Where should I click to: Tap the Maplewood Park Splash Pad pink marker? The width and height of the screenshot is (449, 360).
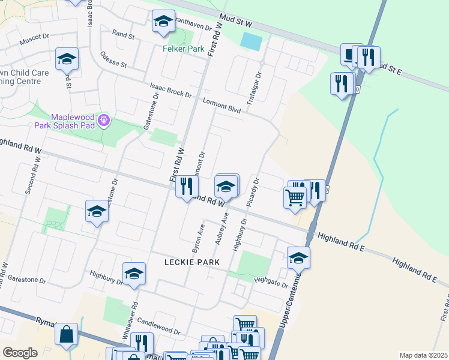tap(104, 121)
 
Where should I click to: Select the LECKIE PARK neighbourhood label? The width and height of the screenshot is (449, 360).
tap(191, 262)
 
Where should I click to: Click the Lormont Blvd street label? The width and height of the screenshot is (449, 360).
tap(221, 105)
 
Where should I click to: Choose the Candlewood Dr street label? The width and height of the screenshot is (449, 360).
tap(158, 327)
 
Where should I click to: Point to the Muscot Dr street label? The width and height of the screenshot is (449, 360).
tap(34, 39)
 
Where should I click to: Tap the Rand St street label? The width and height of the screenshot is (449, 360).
tap(123, 35)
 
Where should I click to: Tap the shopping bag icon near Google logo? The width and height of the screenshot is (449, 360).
tap(66, 334)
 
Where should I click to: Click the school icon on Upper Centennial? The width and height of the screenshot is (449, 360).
tap(298, 258)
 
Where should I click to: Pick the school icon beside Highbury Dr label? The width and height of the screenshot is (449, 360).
tap(134, 274)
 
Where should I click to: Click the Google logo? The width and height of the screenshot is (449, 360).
tap(20, 352)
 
